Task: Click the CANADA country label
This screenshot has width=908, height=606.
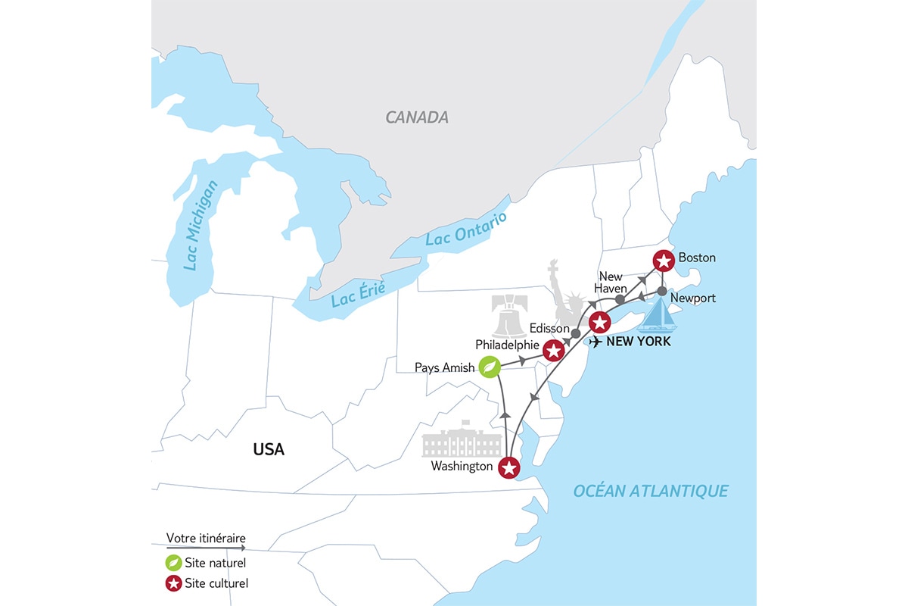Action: [417, 117]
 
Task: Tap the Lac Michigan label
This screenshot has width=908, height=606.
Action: [201, 225]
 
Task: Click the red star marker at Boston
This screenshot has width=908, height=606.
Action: [663, 261]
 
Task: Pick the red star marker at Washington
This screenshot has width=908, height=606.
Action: [509, 468]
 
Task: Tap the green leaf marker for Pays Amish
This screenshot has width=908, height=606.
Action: [490, 367]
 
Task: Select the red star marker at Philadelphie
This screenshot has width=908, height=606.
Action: [554, 350]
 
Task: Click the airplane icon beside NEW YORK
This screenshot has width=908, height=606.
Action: [596, 342]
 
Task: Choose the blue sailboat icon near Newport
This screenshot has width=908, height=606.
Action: [658, 316]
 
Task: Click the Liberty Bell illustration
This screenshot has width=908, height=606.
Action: [508, 317]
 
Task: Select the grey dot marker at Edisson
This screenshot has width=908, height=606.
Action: [575, 333]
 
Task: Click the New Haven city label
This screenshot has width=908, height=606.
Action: [611, 283]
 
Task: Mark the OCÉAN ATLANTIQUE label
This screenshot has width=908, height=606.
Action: [651, 491]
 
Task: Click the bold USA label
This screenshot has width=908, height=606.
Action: [269, 449]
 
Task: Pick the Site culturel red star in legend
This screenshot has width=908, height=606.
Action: [173, 583]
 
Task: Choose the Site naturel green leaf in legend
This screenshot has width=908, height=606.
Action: [173, 563]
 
